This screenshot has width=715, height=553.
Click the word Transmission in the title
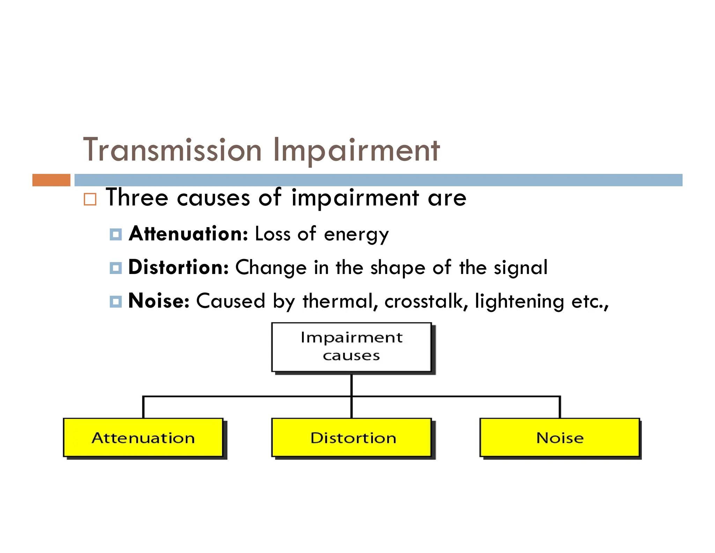(172, 150)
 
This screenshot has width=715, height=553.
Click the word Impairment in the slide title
(356, 150)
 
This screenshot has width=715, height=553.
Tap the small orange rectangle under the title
(51, 180)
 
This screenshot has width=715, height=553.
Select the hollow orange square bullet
(90, 199)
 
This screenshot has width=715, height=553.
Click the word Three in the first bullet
(137, 198)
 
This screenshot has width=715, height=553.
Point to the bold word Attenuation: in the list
(188, 234)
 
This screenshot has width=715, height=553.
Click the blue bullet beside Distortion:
(116, 268)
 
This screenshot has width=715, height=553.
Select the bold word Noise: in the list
(159, 301)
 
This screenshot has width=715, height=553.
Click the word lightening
(519, 301)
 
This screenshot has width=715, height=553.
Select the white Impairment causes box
(351, 347)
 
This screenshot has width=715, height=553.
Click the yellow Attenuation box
(143, 438)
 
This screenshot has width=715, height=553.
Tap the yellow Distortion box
(351, 438)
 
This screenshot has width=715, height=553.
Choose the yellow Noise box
(560, 438)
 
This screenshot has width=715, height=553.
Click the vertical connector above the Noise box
(560, 408)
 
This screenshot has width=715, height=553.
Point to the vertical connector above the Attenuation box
(143, 408)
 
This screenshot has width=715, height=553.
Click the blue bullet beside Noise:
(116, 301)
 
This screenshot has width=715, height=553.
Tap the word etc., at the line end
(590, 301)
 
